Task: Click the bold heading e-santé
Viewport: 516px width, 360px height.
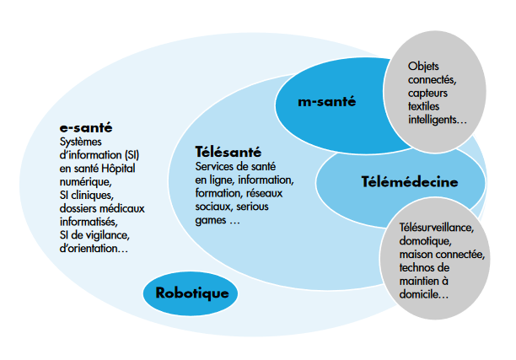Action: click(x=86, y=127)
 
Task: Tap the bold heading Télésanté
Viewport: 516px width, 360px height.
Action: click(x=228, y=152)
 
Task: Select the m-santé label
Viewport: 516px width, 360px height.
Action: click(x=327, y=101)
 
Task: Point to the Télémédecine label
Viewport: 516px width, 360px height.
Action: click(x=410, y=181)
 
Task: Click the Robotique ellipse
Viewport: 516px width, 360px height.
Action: click(x=191, y=293)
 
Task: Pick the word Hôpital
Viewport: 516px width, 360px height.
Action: click(x=118, y=168)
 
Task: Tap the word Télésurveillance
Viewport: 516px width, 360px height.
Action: click(x=437, y=228)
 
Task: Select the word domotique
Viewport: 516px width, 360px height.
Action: click(x=425, y=241)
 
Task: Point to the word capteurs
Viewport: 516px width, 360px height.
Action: click(x=427, y=94)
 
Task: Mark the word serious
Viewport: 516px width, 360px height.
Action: click(x=252, y=207)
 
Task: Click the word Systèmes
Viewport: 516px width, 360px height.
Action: click(x=81, y=142)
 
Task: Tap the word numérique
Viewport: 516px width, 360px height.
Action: click(x=85, y=182)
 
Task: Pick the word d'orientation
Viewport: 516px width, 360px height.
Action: click(x=94, y=249)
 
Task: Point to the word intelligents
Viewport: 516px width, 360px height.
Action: click(x=438, y=120)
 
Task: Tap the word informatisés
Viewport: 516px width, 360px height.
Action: click(x=89, y=222)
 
